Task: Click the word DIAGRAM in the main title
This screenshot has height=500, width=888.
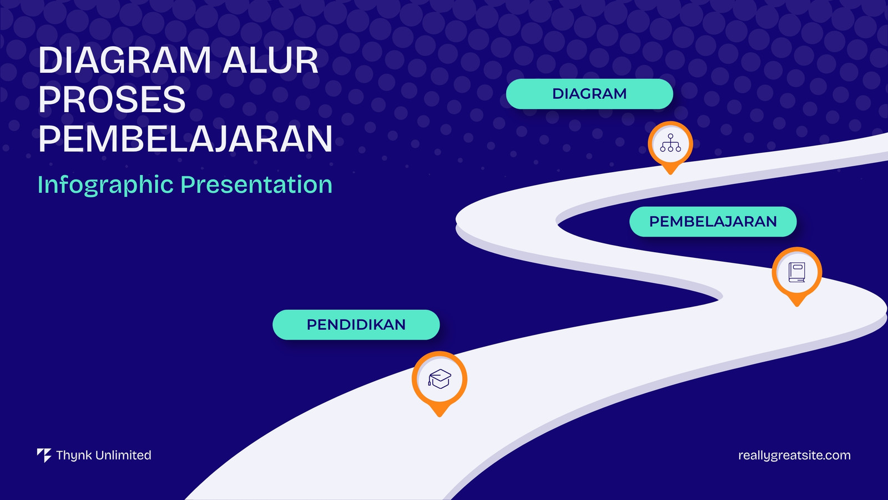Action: click(124, 61)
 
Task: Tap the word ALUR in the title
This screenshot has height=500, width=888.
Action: click(270, 61)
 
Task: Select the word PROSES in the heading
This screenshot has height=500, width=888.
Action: click(112, 99)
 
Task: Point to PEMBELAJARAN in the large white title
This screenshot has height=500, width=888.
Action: click(185, 138)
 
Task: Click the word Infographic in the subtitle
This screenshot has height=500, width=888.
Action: click(105, 185)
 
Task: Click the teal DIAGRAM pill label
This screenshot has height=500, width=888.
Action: click(589, 94)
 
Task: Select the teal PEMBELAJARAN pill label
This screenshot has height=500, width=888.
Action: click(713, 222)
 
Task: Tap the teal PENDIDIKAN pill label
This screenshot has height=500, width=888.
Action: click(356, 324)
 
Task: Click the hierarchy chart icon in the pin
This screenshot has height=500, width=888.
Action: click(670, 143)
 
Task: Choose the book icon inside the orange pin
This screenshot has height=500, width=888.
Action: click(797, 272)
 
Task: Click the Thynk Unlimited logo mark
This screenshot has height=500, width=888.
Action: click(44, 456)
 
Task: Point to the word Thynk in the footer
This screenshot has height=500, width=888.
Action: click(74, 456)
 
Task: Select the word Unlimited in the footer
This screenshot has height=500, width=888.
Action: click(123, 455)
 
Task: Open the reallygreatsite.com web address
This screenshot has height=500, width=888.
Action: click(794, 456)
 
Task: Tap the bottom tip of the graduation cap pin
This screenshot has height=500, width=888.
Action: click(439, 417)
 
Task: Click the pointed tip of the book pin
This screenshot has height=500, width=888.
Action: click(797, 306)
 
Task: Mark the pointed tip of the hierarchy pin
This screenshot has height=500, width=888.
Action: click(670, 174)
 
